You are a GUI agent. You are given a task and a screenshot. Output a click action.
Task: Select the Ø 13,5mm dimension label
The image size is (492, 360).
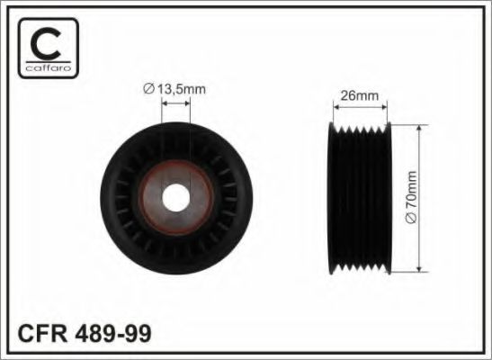tap(176, 86)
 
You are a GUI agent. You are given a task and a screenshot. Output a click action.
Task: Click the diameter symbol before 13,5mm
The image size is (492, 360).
tap(148, 86)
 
